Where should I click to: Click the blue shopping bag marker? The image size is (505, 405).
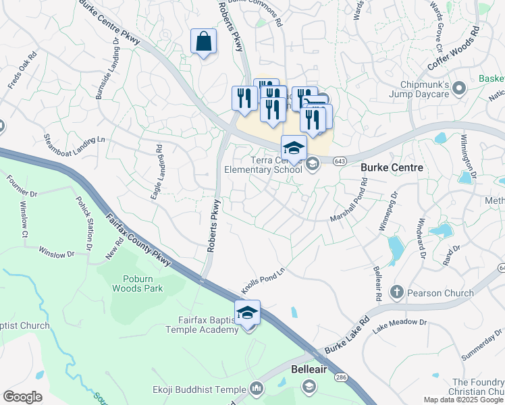203,42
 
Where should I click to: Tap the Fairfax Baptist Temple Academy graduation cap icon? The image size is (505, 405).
247,313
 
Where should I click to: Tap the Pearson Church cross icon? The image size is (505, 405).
397,293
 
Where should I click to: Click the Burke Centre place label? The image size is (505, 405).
392,167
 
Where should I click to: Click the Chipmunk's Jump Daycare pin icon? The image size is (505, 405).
460,88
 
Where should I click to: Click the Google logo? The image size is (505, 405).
22,397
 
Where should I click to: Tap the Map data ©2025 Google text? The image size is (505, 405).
463,400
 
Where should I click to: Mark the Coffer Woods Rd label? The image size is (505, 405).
452,49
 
